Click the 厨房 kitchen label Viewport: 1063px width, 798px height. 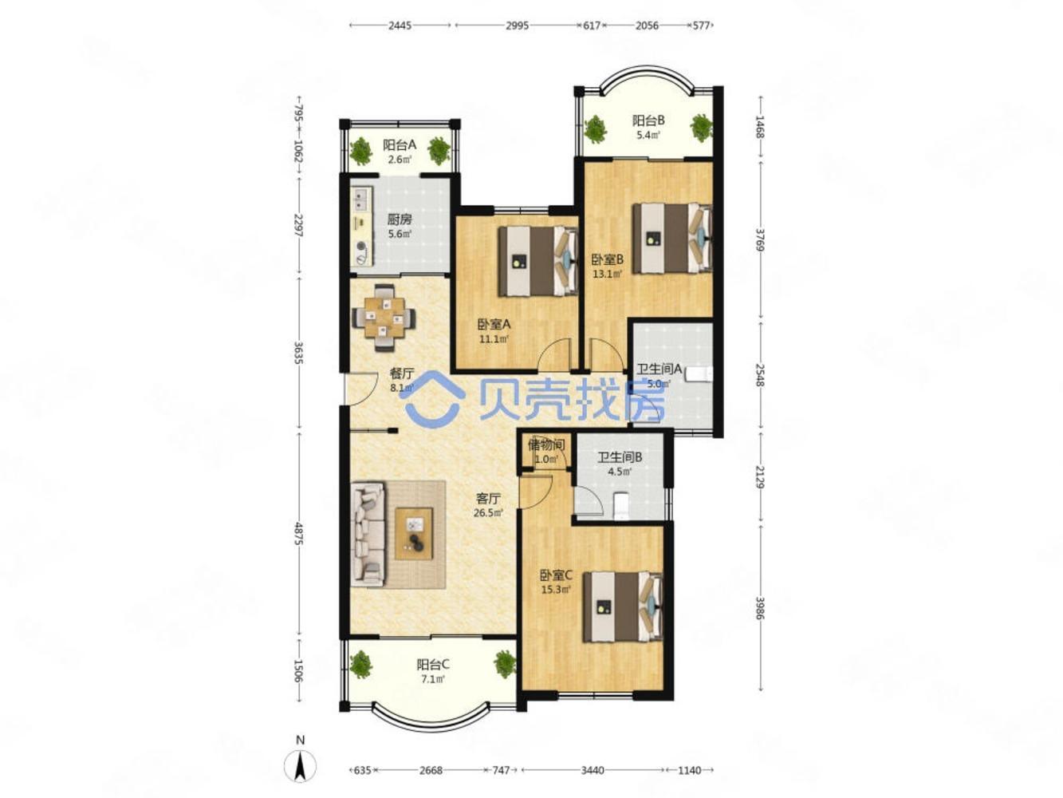(399, 219)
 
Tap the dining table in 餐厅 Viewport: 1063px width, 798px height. (384, 318)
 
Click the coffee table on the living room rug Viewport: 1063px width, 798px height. (414, 533)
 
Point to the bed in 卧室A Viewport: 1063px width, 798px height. (538, 262)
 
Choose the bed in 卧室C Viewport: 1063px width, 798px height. (622, 607)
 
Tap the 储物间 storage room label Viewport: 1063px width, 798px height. (545, 444)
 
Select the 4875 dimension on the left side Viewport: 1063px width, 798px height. (299, 533)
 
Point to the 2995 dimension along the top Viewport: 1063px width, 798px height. (517, 26)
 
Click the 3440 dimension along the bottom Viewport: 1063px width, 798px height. (592, 770)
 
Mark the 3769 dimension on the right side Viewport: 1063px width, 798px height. (759, 240)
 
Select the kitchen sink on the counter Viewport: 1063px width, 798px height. (360, 199)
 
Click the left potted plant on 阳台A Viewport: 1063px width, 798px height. (361, 151)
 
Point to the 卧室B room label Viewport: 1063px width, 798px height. (608, 259)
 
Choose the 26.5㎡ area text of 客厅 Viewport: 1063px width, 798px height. (488, 512)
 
